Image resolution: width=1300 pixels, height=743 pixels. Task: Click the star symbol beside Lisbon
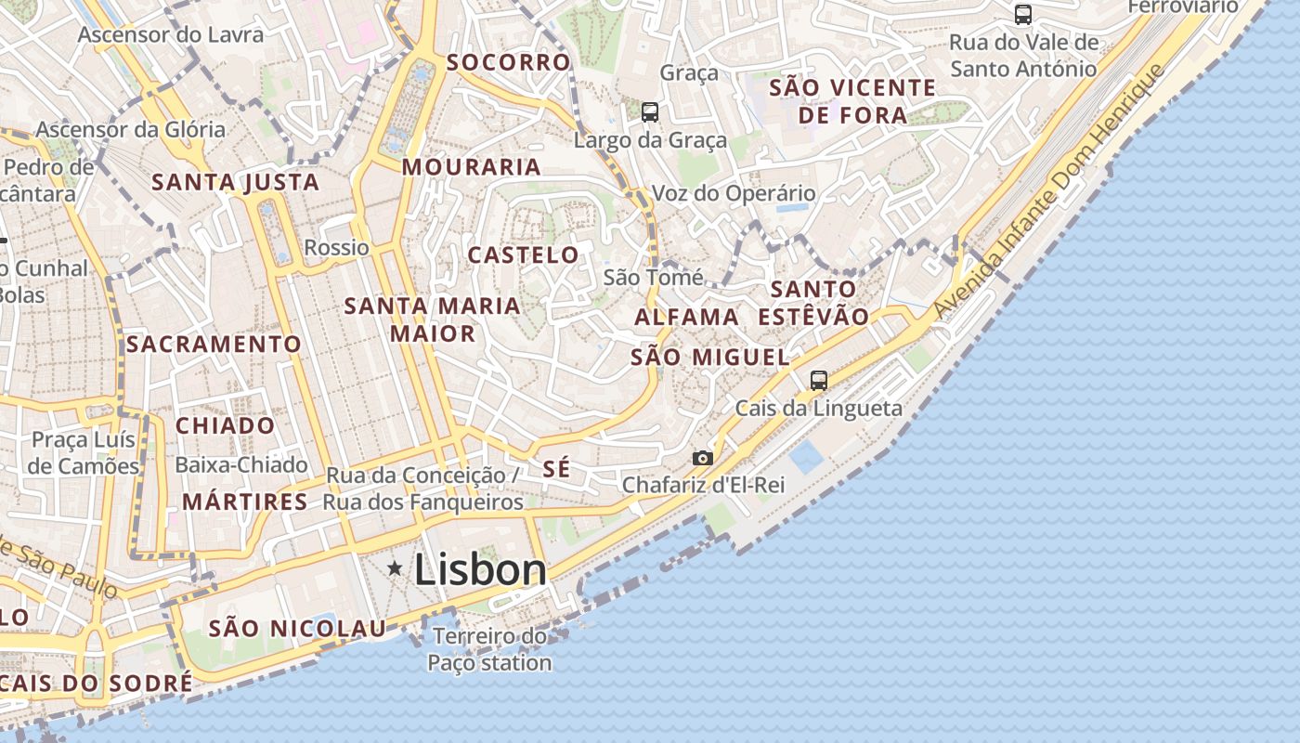(x=395, y=567)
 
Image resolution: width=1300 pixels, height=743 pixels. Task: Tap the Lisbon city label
(x=480, y=569)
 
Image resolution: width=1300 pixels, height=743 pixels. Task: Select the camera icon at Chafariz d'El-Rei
(x=703, y=458)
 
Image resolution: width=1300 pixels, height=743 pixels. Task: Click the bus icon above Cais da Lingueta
(x=818, y=380)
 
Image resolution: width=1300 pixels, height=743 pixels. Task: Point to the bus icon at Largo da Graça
(x=650, y=112)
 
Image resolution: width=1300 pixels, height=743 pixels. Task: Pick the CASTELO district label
(x=523, y=254)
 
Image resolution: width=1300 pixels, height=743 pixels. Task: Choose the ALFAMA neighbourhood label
(x=687, y=317)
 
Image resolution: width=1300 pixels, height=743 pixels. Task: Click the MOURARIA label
(x=471, y=167)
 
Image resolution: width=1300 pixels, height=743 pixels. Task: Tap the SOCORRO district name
(x=508, y=62)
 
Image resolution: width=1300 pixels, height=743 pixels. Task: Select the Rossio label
(x=336, y=248)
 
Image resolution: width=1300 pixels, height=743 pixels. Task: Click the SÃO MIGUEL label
(x=710, y=357)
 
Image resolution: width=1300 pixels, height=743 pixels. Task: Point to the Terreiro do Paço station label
(x=489, y=649)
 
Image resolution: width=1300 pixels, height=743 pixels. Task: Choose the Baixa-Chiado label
(x=240, y=464)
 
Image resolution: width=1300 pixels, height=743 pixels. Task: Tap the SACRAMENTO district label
(x=214, y=345)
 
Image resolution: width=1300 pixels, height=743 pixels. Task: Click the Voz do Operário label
(x=734, y=193)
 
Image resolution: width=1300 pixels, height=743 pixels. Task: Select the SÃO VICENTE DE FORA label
(x=852, y=101)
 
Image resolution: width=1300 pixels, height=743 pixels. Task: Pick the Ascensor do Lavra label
(x=171, y=35)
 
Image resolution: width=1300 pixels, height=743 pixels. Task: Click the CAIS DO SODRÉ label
(x=97, y=683)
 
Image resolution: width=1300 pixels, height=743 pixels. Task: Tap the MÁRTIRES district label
(x=244, y=502)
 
